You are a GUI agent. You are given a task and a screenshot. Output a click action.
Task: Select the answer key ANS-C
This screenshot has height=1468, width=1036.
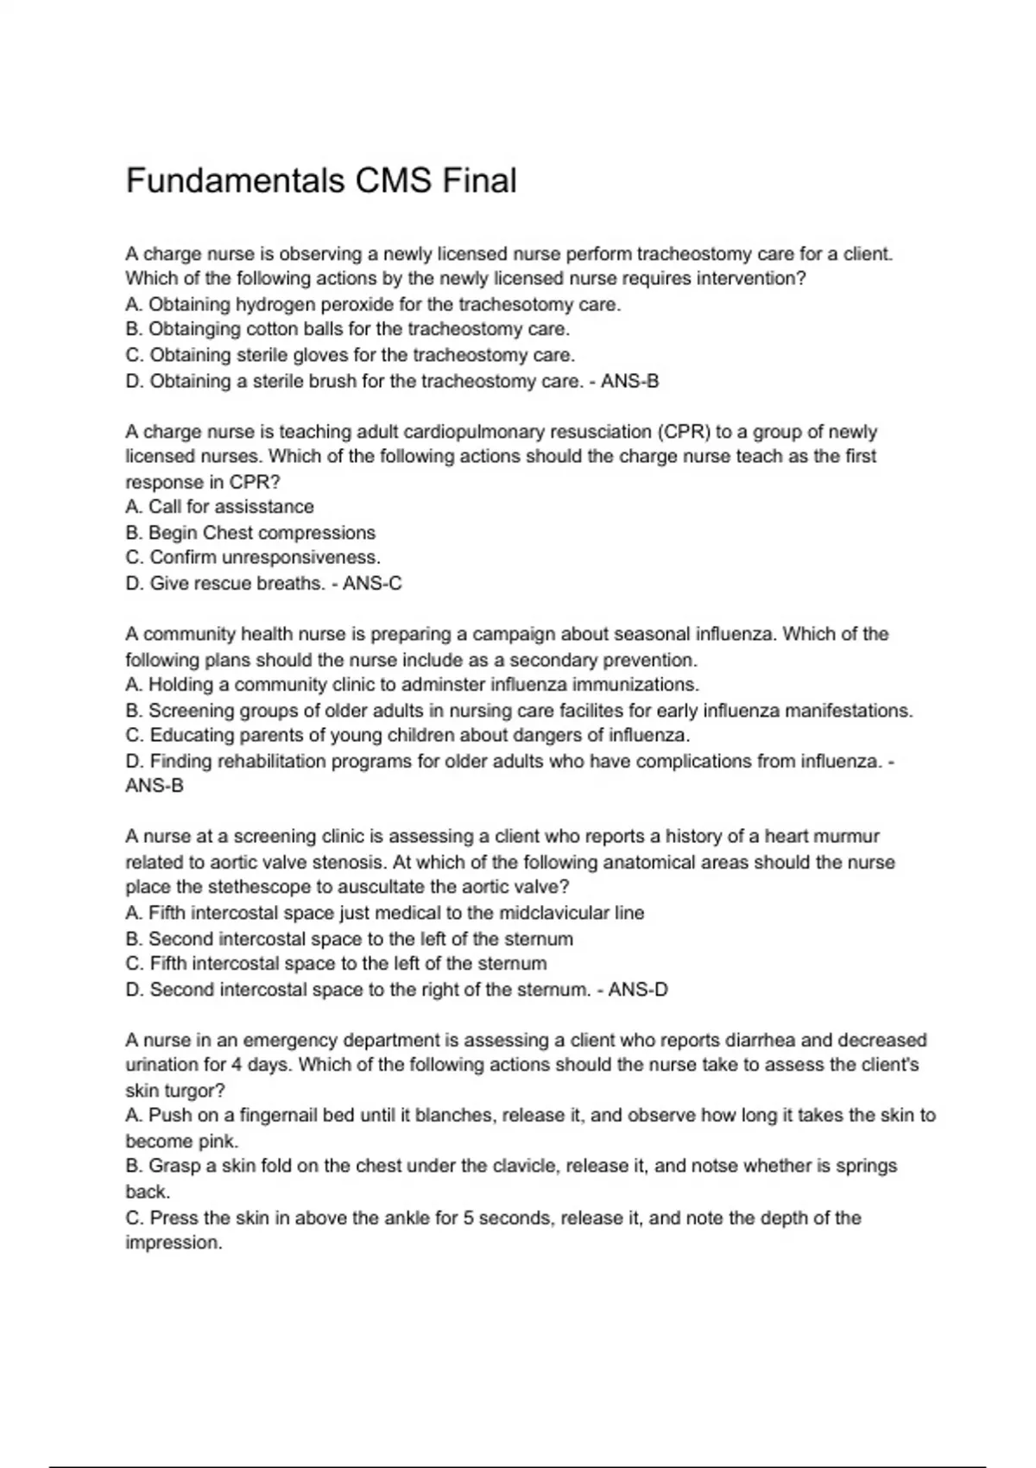coord(372,584)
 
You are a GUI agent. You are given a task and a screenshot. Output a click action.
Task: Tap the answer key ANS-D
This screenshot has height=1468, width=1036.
coord(638,990)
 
